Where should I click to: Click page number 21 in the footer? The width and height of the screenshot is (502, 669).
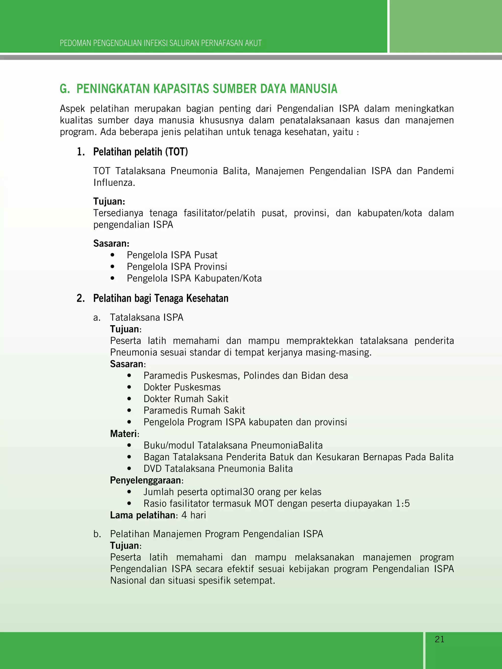(439, 639)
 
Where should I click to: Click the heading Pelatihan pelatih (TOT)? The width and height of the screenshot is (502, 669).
(140, 152)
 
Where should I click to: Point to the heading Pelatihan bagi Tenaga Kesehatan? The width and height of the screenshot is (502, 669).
(161, 298)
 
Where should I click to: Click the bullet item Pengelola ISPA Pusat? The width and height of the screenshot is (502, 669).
(172, 255)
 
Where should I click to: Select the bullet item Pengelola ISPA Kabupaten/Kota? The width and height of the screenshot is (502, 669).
(194, 278)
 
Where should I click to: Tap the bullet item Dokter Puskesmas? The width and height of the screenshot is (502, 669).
(182, 387)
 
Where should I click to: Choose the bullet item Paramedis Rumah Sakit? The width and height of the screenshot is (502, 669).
(194, 410)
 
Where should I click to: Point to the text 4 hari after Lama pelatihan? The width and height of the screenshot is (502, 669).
(194, 515)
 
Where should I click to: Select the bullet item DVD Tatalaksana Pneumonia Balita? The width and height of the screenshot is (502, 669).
(218, 468)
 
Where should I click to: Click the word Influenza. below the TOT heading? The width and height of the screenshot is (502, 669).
(114, 183)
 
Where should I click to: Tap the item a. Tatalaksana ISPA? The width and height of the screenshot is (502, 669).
(146, 317)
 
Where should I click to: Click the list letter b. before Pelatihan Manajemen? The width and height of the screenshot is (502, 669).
(97, 534)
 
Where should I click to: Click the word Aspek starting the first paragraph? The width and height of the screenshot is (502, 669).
(72, 109)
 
